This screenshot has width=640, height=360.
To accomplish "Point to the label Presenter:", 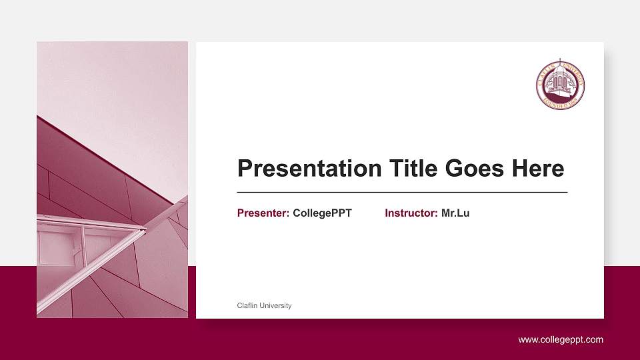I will (263, 213).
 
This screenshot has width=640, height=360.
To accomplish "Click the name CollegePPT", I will (322, 213).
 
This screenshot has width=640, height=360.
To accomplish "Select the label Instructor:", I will (411, 213).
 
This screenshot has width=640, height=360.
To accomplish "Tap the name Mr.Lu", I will (455, 213).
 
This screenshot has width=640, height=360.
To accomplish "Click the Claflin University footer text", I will (264, 306).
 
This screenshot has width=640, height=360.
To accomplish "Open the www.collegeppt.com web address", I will (561, 340).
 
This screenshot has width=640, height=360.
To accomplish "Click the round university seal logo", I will (561, 85).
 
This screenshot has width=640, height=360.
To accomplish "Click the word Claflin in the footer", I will (247, 306).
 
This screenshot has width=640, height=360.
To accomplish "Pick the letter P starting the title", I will (245, 169).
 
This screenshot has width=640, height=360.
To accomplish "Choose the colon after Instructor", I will (437, 214).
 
